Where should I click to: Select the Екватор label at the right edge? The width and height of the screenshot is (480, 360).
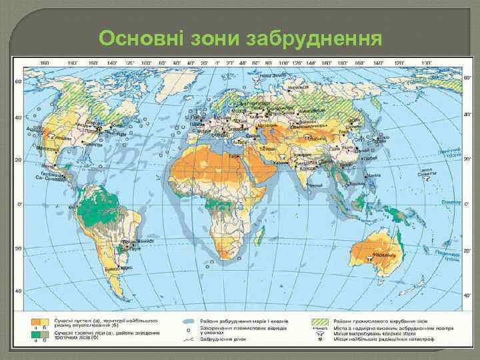click(452, 201)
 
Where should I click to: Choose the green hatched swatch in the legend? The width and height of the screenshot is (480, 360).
click(321, 321)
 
